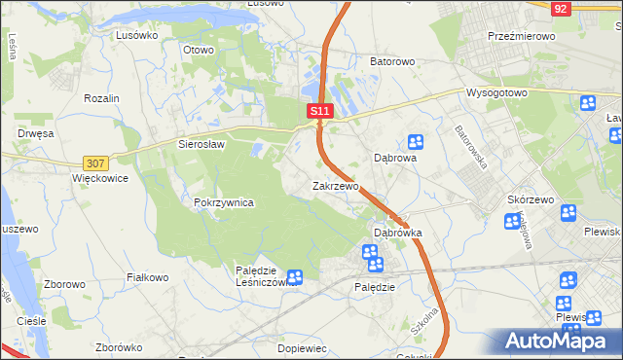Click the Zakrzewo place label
[336, 186]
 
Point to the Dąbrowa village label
[396, 158]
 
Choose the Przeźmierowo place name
[521, 35]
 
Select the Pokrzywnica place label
[224, 202]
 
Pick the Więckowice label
[100, 179]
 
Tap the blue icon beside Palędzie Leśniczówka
[295, 277]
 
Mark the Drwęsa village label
[33, 133]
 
